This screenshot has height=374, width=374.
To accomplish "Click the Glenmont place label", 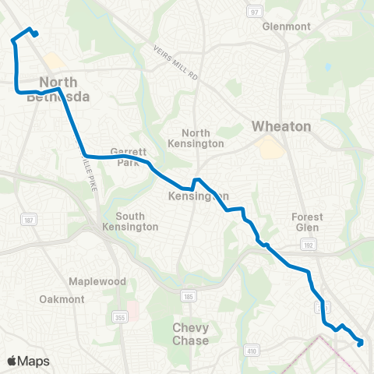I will coord(287,26).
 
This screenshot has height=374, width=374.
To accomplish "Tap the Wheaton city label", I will coord(281,126).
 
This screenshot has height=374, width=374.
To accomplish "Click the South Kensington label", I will coord(136,221).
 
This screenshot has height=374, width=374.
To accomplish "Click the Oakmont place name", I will coord(58,299).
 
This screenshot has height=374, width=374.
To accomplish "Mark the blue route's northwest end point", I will coord(37,34).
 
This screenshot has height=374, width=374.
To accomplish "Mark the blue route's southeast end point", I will coord(360,342).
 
